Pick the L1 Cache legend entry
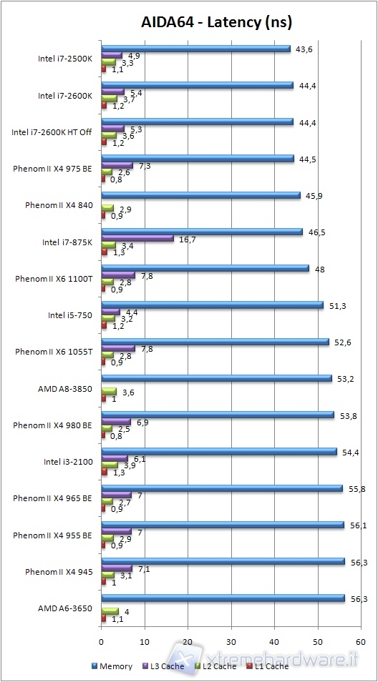tap(268, 666)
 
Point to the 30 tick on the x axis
tap(231, 641)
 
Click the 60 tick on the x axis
tap(361, 641)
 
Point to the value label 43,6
tap(302, 49)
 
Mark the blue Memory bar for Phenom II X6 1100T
tap(205, 269)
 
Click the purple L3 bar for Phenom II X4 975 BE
tap(117, 166)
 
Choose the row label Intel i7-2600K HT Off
tap(52, 132)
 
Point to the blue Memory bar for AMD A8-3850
tap(216, 378)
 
